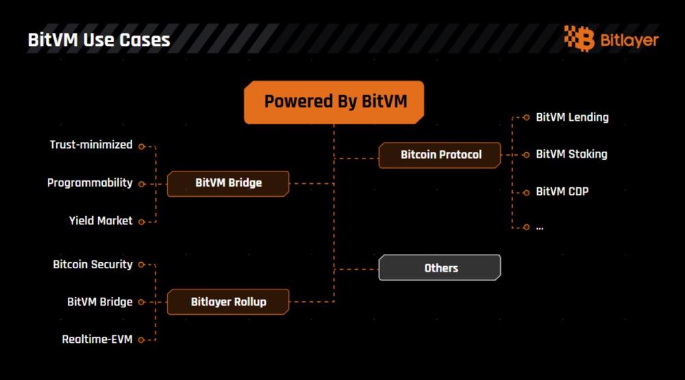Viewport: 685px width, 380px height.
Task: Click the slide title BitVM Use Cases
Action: point(99,39)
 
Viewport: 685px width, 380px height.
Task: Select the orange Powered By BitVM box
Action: point(334,102)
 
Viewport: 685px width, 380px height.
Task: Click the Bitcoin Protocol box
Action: point(440,155)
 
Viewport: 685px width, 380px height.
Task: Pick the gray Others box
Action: point(440,268)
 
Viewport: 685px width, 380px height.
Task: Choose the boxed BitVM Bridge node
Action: point(228,183)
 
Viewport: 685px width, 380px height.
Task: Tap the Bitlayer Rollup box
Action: point(228,301)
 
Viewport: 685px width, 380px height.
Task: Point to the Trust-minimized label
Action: point(91,145)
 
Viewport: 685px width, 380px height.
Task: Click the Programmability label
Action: point(90,183)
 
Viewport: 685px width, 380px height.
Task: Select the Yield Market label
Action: point(101,221)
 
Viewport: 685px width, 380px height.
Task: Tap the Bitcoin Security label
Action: point(92,264)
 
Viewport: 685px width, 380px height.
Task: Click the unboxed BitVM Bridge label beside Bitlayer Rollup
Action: point(100,301)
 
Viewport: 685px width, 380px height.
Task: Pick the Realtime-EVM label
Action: point(97,339)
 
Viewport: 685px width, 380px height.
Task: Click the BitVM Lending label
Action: point(572,117)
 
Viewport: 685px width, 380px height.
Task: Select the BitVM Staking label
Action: point(571,154)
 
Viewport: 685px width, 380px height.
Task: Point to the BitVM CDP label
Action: point(562,191)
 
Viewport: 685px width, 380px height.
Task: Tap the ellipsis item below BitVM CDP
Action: point(540,227)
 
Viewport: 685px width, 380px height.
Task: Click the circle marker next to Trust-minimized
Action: point(141,145)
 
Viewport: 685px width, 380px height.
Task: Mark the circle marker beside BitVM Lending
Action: point(526,117)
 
